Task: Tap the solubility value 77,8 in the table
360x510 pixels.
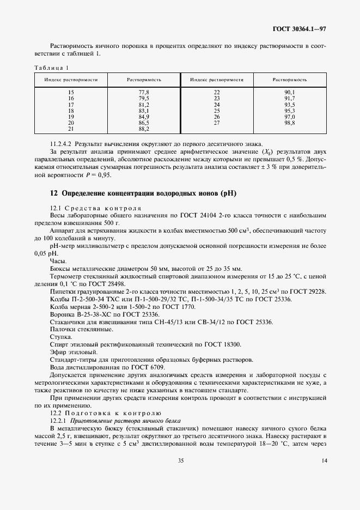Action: coord(144,93)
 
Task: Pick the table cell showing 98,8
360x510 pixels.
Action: coord(289,124)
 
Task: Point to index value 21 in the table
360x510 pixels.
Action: coord(70,129)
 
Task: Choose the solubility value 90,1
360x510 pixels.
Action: coord(289,93)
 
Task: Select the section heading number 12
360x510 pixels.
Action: coord(53,193)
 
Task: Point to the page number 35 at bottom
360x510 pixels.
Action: coord(180,491)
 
